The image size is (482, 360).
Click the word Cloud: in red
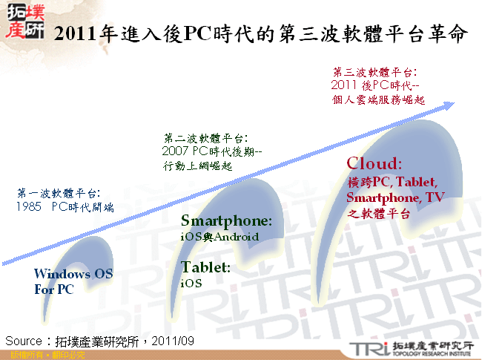(374, 163)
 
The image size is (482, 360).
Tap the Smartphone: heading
(226, 221)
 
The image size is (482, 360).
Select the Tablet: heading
(205, 267)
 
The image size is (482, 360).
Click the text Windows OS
(73, 274)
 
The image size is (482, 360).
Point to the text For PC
(54, 289)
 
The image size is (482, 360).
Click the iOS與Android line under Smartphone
(219, 237)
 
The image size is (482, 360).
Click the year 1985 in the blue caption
(28, 208)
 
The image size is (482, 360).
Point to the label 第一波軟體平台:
(59, 194)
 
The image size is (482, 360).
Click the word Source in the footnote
(24, 340)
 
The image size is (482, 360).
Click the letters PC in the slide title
(196, 33)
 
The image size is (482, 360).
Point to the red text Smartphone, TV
(394, 197)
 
